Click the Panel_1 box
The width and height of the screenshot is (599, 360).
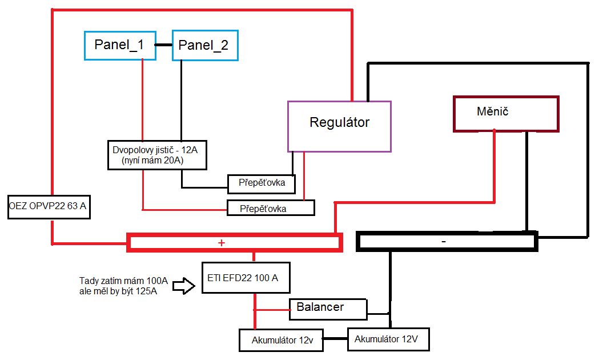point(120,46)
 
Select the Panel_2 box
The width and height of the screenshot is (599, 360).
point(204,46)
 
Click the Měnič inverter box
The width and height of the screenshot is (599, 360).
point(505,114)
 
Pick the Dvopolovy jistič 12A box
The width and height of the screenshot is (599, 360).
point(156,154)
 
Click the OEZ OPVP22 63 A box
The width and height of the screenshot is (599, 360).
point(49,206)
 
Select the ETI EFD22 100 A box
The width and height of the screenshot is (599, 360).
point(246,278)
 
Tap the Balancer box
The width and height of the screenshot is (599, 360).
point(327,308)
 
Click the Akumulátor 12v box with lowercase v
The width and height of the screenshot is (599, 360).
point(281,341)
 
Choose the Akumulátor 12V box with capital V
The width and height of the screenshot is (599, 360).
point(388,339)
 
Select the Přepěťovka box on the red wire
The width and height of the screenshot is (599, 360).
point(271,208)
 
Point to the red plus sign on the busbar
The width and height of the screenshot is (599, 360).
point(222,243)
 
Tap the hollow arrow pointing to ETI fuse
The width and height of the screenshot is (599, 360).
point(183,285)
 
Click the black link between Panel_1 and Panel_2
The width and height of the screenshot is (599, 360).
point(164,46)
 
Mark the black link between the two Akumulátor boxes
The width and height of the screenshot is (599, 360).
point(335,340)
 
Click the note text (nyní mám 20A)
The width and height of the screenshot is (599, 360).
point(152,161)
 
